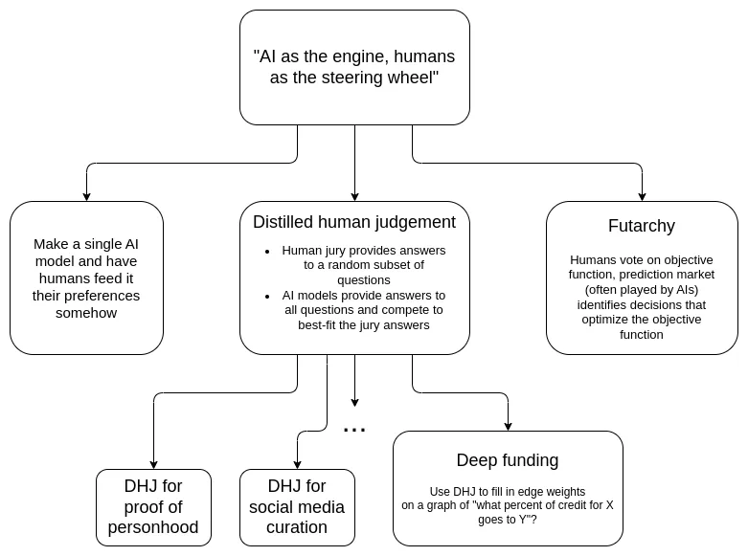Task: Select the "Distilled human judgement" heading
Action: (x=354, y=222)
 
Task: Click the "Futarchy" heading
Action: (x=642, y=226)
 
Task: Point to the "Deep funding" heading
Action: (x=508, y=460)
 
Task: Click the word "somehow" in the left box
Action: (x=86, y=313)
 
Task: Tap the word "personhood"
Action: (x=153, y=527)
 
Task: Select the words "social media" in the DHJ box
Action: (x=297, y=507)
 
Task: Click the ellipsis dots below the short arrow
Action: (x=354, y=430)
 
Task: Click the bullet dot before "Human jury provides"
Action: (x=267, y=252)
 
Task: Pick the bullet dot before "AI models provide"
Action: (x=267, y=296)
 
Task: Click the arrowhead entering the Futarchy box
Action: (x=642, y=196)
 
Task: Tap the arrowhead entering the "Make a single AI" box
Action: (x=86, y=196)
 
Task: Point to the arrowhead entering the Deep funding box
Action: (x=508, y=426)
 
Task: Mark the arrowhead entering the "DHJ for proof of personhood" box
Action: (x=153, y=464)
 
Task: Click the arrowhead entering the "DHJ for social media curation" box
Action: (x=297, y=464)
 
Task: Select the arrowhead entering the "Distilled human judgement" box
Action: (x=355, y=196)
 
